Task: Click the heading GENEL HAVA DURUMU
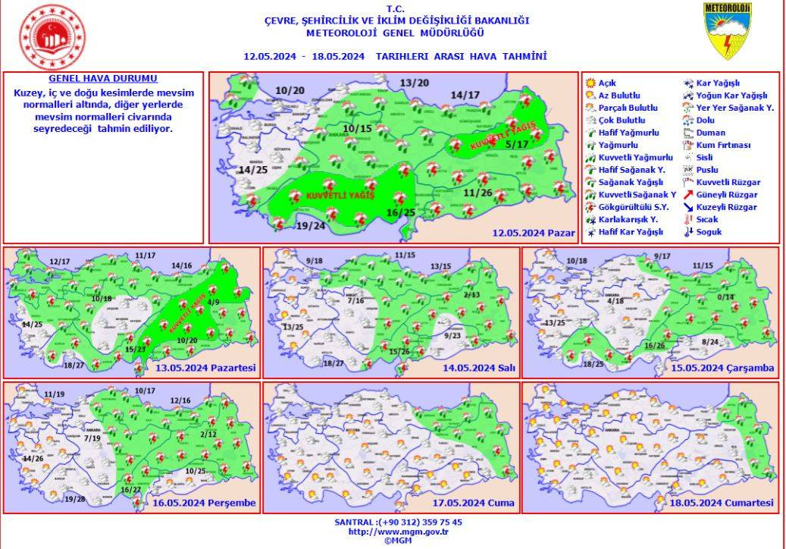[103, 79]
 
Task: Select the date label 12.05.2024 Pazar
[533, 233]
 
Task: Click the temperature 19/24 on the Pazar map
[311, 226]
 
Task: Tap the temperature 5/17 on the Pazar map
[517, 144]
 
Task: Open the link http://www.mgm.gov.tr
[397, 532]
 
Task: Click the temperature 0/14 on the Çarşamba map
[726, 296]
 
